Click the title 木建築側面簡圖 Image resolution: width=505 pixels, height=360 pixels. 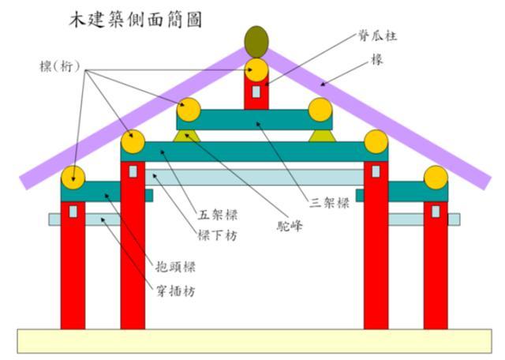coord(134,20)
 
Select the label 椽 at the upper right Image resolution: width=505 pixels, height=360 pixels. coord(378,59)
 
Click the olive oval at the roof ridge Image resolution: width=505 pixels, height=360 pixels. coord(256,40)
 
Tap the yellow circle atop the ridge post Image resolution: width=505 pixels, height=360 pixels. coord(256,70)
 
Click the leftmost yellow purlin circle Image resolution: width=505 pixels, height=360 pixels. coord(73,177)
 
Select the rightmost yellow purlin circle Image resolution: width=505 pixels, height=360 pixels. coord(436,178)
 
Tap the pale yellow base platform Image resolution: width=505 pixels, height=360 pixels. coord(252,340)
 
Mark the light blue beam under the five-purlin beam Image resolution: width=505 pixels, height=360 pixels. coord(252,177)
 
